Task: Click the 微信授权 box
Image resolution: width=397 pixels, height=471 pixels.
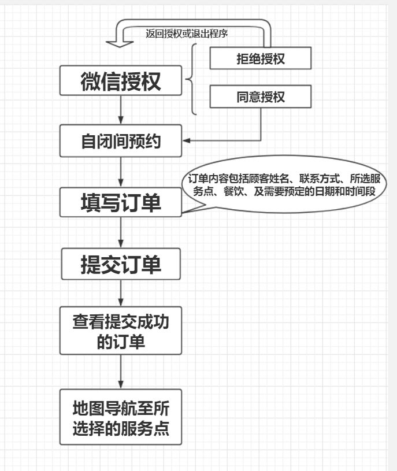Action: click(120, 80)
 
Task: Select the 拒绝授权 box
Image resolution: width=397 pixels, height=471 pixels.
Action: click(260, 58)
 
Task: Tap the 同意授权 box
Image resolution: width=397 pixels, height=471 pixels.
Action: click(260, 97)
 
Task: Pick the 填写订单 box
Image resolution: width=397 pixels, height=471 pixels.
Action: click(120, 202)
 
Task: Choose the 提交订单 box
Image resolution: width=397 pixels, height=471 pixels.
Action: click(120, 264)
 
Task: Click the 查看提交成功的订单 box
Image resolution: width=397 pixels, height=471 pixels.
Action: click(120, 331)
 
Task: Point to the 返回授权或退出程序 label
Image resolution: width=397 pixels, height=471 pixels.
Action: click(186, 34)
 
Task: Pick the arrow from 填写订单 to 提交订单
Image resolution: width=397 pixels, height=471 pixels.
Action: click(120, 232)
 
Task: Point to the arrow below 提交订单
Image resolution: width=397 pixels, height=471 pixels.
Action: click(120, 293)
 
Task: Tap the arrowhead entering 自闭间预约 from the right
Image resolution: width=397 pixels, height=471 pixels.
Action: click(186, 140)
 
